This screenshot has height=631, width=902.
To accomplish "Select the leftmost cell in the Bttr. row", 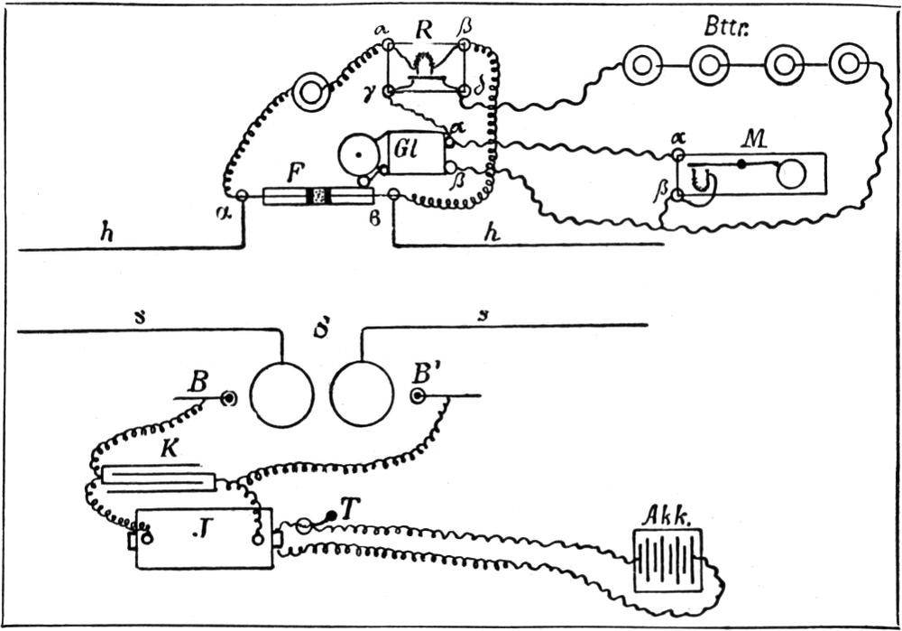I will (640, 65).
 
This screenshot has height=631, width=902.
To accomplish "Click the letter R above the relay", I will (423, 30).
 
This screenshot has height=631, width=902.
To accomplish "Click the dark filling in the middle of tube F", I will (318, 196).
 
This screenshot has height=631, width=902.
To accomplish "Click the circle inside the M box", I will (791, 174).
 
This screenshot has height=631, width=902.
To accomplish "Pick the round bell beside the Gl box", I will (360, 156).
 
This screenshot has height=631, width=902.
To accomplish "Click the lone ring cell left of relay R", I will (312, 92).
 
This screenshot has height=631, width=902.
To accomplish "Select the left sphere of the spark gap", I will (281, 396).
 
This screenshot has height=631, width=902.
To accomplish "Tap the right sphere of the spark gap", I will (362, 396).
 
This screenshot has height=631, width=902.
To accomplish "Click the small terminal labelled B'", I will (417, 395).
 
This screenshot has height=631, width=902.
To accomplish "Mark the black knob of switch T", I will (331, 515).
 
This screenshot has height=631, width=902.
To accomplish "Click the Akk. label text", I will (666, 515).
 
